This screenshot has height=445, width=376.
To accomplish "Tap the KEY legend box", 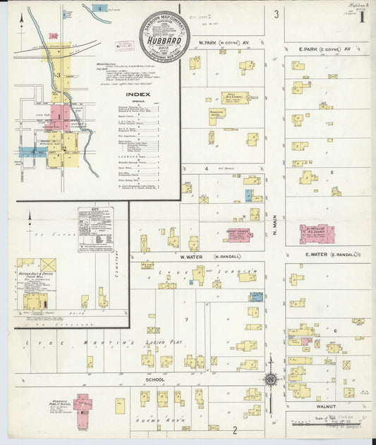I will click(x=96, y=228).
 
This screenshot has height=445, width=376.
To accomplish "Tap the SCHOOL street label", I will click(x=154, y=379).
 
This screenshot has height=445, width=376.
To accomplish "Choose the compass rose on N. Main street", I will click(x=269, y=378).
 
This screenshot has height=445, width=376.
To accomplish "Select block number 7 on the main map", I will click(x=186, y=319).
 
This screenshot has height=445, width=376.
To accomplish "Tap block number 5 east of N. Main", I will click(x=331, y=171).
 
